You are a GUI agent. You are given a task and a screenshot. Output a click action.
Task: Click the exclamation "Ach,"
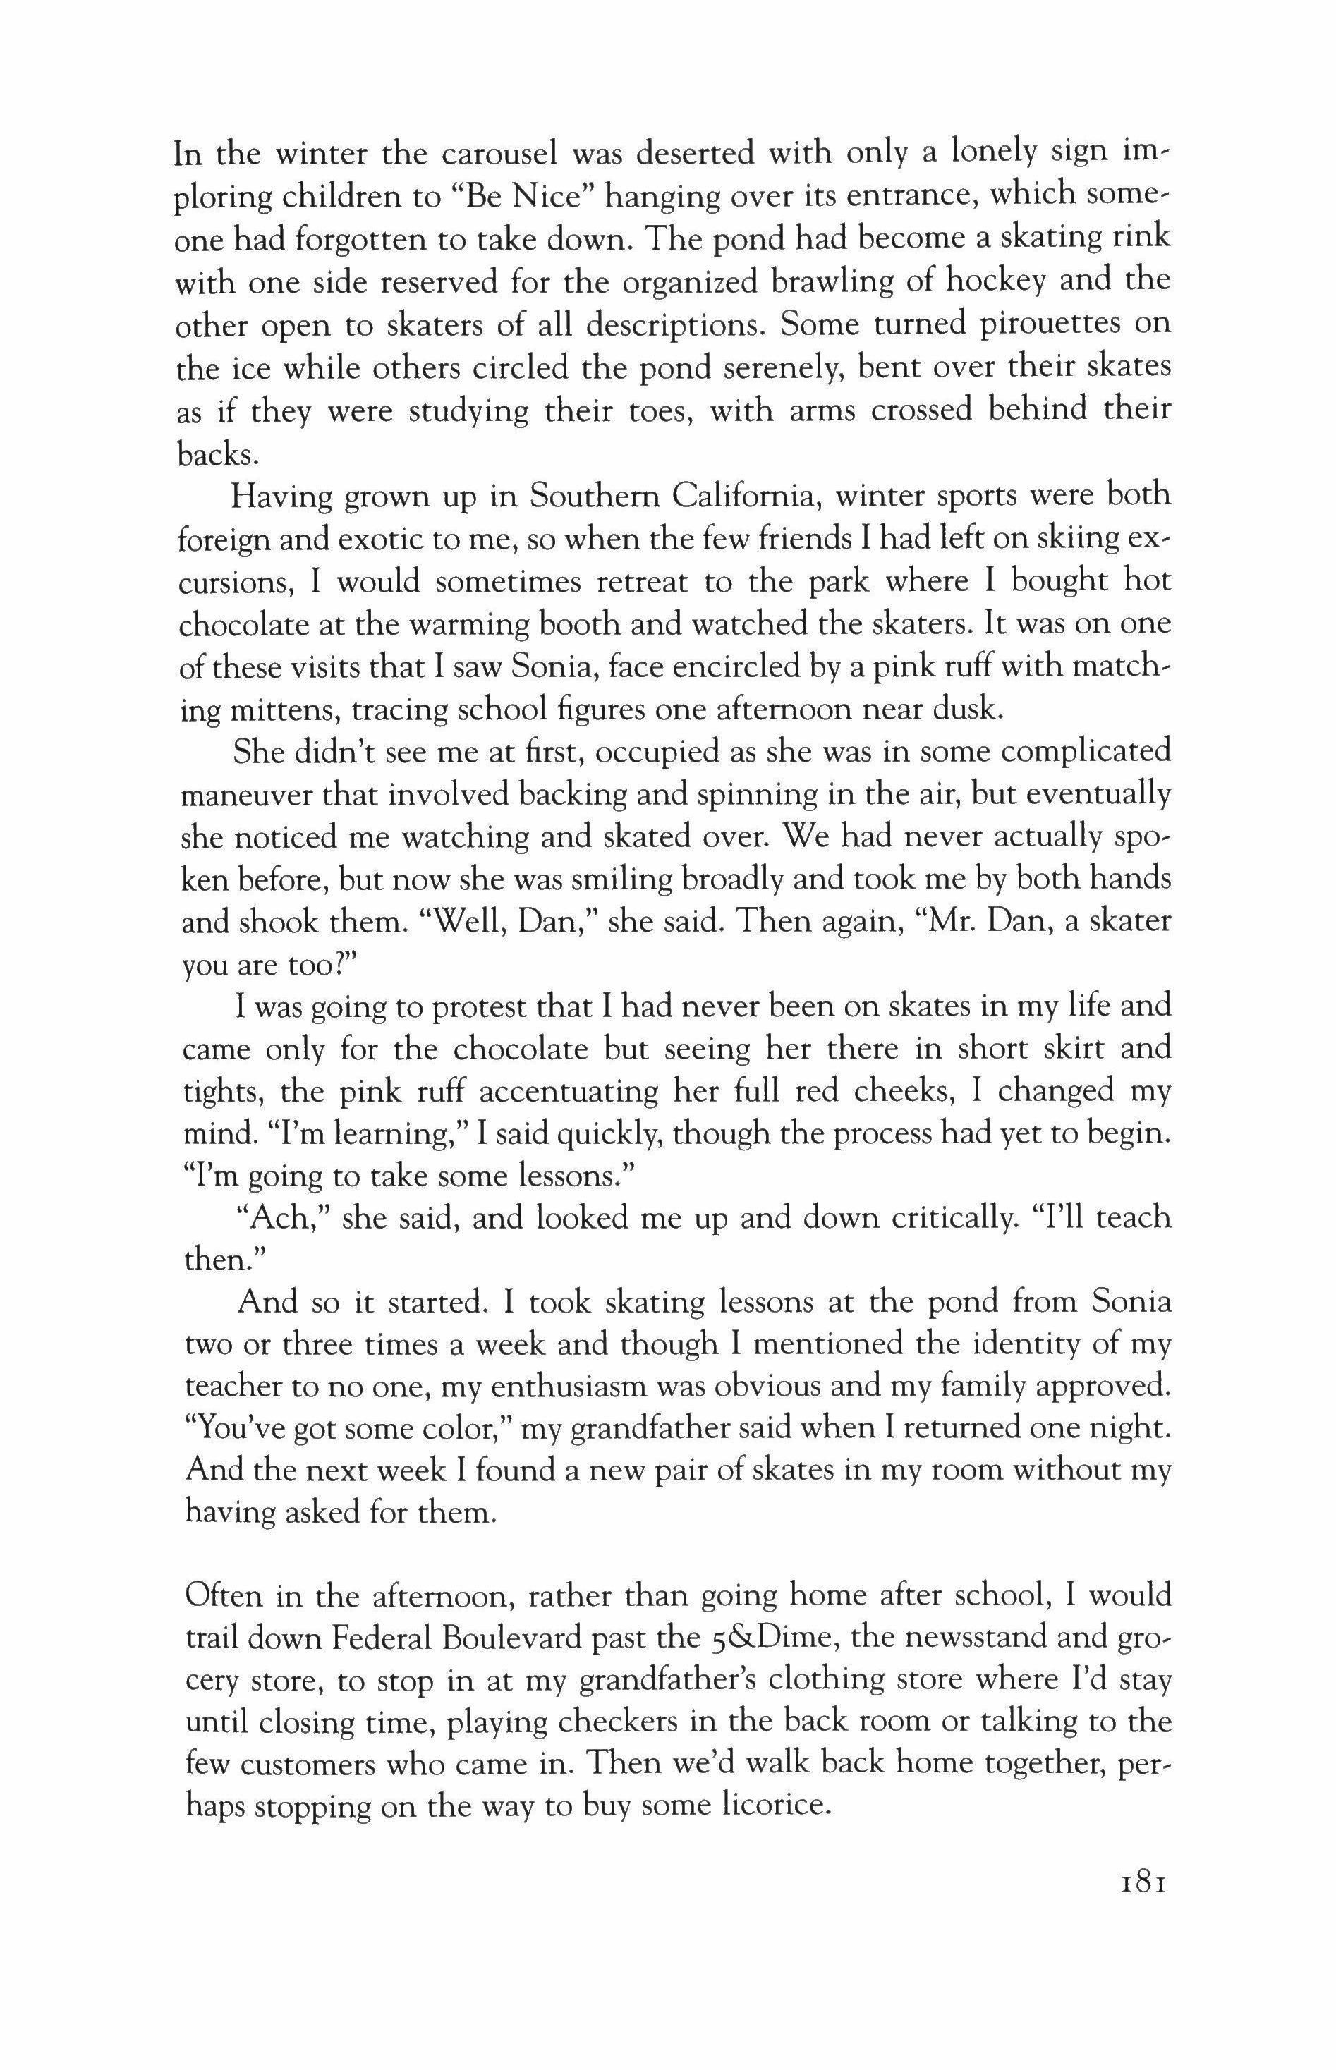tap(284, 1219)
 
